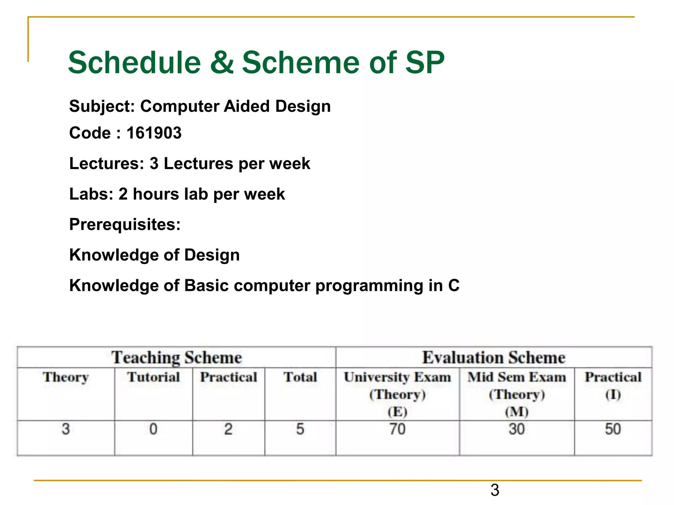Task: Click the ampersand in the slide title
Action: tap(222, 62)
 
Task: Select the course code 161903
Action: tap(154, 133)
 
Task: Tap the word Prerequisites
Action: tap(125, 225)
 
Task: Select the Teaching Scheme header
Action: tap(176, 357)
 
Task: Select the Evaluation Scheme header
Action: tap(494, 357)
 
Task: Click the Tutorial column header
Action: tap(153, 377)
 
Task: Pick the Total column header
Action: tap(300, 377)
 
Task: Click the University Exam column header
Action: tap(397, 377)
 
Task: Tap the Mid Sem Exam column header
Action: tap(517, 377)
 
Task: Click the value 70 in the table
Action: tap(397, 429)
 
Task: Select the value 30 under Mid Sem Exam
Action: tap(516, 429)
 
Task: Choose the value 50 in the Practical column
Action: tap(613, 429)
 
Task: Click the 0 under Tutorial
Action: tap(153, 429)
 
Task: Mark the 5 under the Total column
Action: tap(300, 429)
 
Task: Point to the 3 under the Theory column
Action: tap(66, 429)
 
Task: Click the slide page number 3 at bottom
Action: tap(495, 490)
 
